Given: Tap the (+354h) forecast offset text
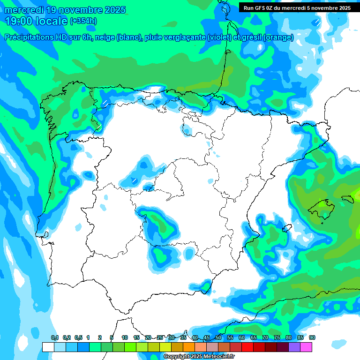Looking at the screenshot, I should coord(83,21).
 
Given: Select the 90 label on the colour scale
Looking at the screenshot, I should coord(312,338).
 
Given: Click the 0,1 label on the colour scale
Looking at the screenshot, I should coord(54,338).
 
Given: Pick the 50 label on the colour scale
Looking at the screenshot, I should coord(218,338).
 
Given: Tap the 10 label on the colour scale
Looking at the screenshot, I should coord(125,338).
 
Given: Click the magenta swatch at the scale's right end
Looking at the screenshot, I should coord(306,347).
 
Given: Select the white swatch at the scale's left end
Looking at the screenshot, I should coord(48,347).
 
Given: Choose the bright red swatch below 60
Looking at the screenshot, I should coord(247,347).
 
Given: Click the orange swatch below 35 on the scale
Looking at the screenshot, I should coord(189,347).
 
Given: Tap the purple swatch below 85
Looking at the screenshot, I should coord(294,347).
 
